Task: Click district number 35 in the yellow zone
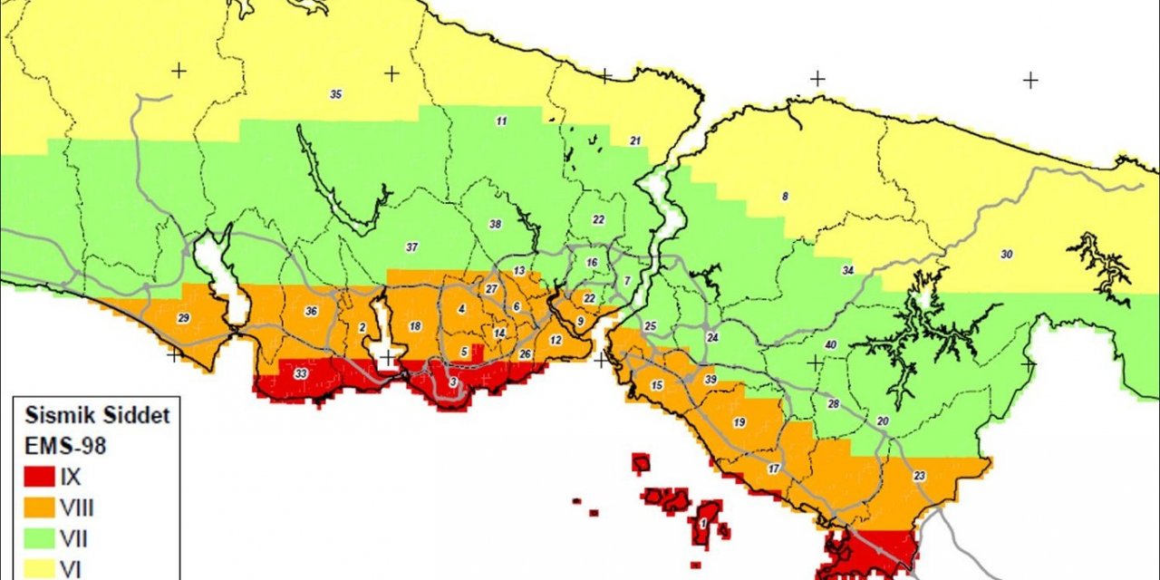pyautogui.click(x=336, y=94)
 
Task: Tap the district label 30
pyautogui.click(x=1006, y=255)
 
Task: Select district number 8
pyautogui.click(x=785, y=196)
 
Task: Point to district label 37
pyautogui.click(x=411, y=247)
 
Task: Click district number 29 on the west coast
pyautogui.click(x=183, y=318)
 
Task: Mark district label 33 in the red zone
pyautogui.click(x=301, y=373)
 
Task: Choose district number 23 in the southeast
pyautogui.click(x=920, y=476)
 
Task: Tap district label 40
pyautogui.click(x=830, y=345)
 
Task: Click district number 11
pyautogui.click(x=501, y=121)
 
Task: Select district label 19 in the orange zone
pyautogui.click(x=739, y=422)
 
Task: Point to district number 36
pyautogui.click(x=312, y=312)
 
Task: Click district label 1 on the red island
pyautogui.click(x=703, y=523)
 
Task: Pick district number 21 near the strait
pyautogui.click(x=635, y=140)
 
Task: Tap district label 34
pyautogui.click(x=848, y=270)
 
